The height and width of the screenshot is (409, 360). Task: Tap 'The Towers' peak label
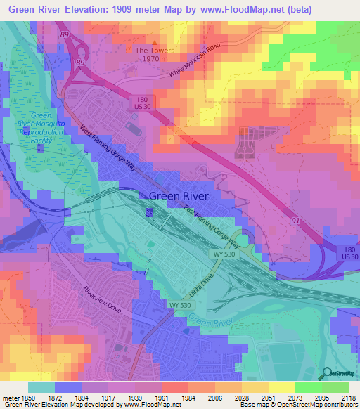tap(153, 51)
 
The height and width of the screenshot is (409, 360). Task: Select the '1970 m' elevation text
tap(153, 60)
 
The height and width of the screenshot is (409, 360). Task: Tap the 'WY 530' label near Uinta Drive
tap(180, 304)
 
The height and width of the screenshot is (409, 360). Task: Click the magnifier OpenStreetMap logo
tap(326, 372)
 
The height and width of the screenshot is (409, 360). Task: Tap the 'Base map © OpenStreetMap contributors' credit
tap(295, 405)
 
